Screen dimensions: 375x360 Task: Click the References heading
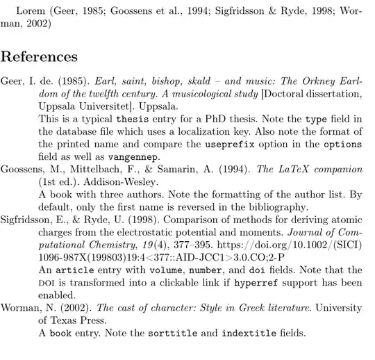coord(39,56)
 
